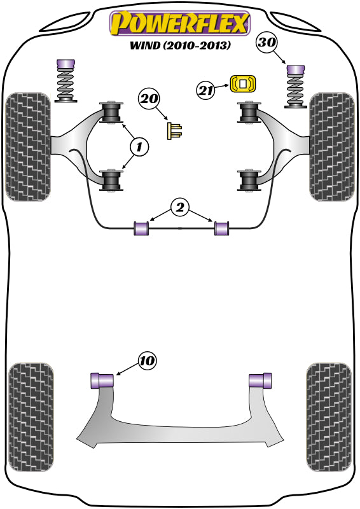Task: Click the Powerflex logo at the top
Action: click(x=179, y=24)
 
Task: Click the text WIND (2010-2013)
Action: click(x=179, y=46)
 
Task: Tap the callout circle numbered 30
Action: click(x=268, y=43)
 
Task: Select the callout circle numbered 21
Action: click(x=205, y=91)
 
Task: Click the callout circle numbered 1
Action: click(x=139, y=147)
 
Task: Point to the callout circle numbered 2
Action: click(x=179, y=207)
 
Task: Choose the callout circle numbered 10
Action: click(x=146, y=361)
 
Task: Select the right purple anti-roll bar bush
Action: click(x=221, y=228)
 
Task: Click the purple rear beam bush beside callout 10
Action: click(x=102, y=380)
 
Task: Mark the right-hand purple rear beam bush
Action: click(x=259, y=380)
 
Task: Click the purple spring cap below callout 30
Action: click(x=294, y=69)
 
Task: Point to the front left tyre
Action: click(x=28, y=148)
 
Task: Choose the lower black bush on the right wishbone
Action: click(x=249, y=180)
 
